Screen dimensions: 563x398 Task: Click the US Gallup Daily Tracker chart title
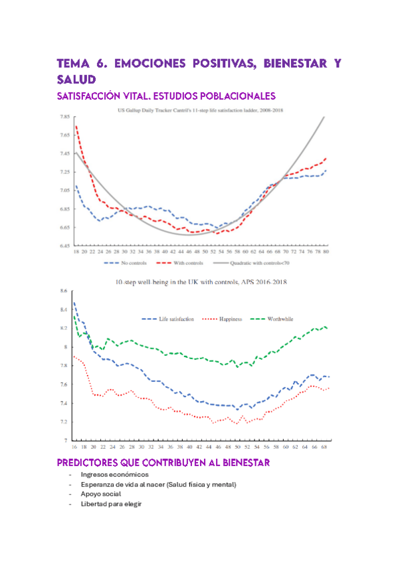tap(200, 110)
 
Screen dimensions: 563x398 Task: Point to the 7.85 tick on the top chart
tap(64, 117)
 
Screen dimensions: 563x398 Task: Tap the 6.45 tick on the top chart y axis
tap(64, 246)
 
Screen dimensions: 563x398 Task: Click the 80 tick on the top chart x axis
tap(326, 252)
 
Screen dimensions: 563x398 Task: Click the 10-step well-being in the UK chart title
tap(200, 281)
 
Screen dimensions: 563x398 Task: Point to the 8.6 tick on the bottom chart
tap(64, 291)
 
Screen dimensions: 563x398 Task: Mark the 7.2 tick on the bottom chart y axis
tap(64, 422)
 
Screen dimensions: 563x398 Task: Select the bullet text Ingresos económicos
tap(114, 475)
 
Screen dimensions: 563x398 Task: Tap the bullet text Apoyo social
tap(102, 495)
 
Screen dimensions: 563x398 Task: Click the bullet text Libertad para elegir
tap(111, 504)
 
